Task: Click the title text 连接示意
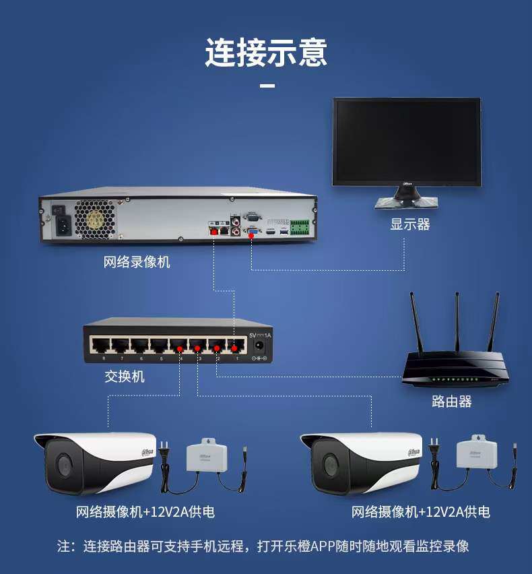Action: [266, 53]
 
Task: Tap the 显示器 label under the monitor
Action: [409, 224]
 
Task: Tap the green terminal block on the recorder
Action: [300, 229]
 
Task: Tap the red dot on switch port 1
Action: [234, 348]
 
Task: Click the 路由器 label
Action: [451, 402]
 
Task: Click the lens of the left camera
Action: [63, 464]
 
